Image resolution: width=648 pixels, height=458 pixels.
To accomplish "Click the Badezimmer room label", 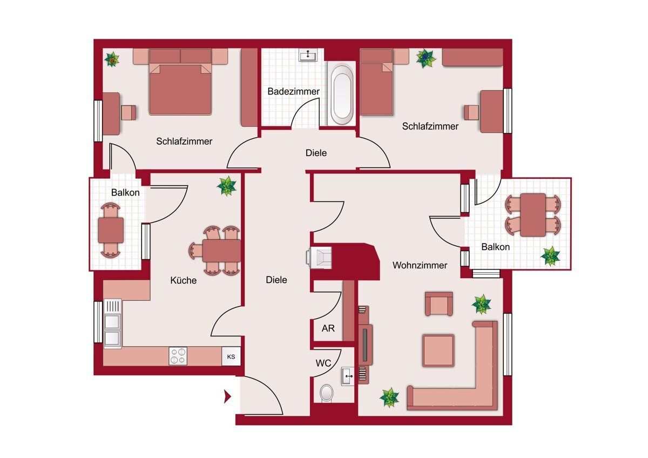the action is click(x=293, y=91).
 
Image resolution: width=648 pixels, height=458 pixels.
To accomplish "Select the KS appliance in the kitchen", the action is click(x=231, y=357).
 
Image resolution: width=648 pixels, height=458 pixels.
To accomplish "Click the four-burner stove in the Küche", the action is click(x=178, y=356).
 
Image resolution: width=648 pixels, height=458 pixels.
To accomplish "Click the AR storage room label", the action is click(x=328, y=328).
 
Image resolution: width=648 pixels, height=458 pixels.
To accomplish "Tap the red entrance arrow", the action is click(x=228, y=396).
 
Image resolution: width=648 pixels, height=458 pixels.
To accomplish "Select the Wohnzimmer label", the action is click(x=420, y=265).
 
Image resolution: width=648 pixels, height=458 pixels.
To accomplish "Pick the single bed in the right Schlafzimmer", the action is click(x=376, y=82).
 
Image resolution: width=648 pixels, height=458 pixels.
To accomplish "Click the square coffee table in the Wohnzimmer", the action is click(x=438, y=351).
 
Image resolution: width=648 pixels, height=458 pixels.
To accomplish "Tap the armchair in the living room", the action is click(x=438, y=304).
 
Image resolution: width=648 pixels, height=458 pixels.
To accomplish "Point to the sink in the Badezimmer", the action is click(x=308, y=55).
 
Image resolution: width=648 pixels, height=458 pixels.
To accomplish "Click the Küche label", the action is click(x=184, y=280).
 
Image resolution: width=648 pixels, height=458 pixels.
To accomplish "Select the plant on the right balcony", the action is click(x=550, y=256).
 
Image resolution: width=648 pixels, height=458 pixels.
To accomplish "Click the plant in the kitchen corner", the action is click(x=227, y=186).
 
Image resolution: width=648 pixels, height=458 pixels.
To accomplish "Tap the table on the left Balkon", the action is click(x=111, y=230).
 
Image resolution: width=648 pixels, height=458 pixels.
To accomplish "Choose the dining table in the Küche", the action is click(x=221, y=251).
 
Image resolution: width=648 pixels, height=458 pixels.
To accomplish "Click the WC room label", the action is click(x=323, y=363).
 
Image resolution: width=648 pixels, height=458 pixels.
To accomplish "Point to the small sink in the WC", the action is click(x=347, y=376).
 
